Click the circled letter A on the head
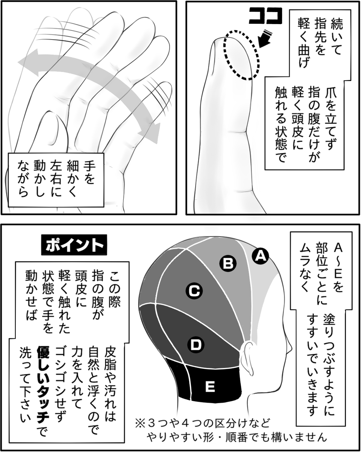[x=260, y=256]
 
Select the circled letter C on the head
[x=194, y=290]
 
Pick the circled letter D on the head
[x=195, y=344]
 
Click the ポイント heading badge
[x=74, y=245]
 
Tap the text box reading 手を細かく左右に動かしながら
[x=56, y=179]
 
